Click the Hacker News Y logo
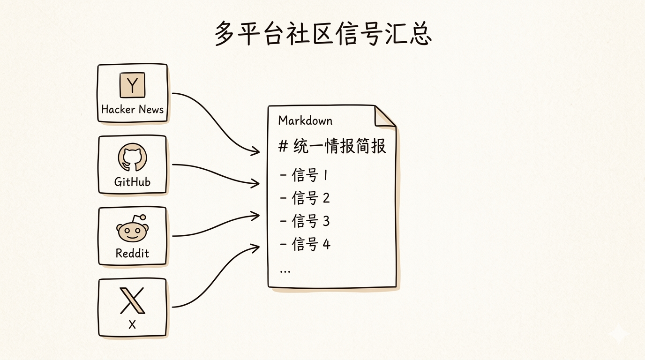point(133,85)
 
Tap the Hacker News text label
point(133,110)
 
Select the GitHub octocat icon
point(132,157)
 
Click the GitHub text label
point(132,182)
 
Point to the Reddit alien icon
point(132,230)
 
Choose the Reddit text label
point(132,254)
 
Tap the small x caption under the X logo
point(132,324)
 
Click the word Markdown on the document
point(305,120)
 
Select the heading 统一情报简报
point(339,146)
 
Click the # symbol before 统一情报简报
point(283,147)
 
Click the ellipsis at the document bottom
point(285,271)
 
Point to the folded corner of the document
point(384,117)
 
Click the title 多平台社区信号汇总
point(323,33)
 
